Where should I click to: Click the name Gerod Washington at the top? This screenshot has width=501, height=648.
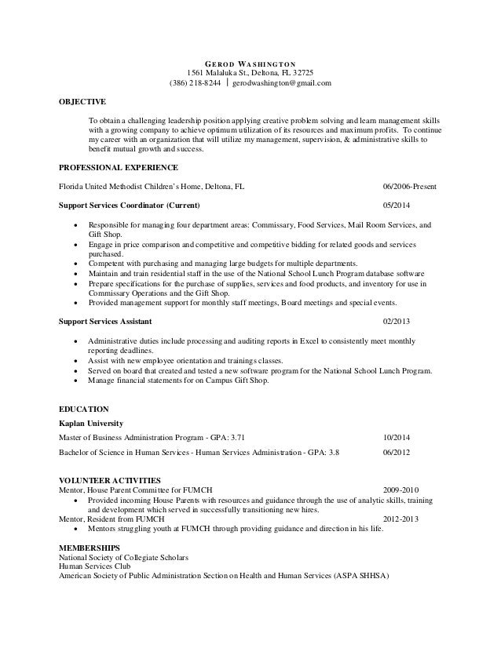point(251,64)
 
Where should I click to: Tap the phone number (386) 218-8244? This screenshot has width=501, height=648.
point(196,83)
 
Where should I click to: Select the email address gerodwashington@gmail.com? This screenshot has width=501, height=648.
point(281,83)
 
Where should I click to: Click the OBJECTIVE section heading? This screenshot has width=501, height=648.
point(82,102)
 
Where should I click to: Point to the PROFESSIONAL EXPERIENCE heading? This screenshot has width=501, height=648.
point(119,168)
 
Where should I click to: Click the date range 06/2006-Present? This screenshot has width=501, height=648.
point(410,187)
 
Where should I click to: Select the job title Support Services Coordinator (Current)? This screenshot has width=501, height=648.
point(130,206)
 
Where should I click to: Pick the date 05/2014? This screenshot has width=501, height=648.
point(397,206)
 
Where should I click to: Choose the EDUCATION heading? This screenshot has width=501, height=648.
point(84,409)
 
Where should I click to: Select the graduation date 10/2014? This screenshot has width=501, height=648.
point(397,436)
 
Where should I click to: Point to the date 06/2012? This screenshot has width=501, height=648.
point(397,453)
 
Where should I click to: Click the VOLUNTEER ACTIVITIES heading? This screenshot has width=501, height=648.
point(110,479)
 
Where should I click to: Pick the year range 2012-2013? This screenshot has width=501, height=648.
point(400,519)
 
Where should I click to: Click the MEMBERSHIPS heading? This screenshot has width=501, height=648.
point(90,546)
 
